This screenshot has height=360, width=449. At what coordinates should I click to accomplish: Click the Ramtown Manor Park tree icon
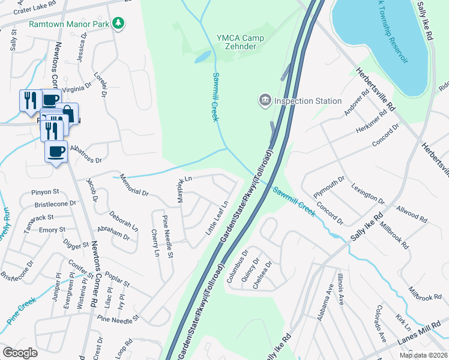click(119, 23)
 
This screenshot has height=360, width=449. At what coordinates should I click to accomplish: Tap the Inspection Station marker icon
click(264, 100)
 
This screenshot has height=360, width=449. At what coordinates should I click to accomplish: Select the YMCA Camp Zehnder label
click(241, 41)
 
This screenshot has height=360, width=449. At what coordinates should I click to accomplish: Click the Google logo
click(20, 353)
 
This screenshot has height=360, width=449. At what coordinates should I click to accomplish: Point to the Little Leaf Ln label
click(219, 218)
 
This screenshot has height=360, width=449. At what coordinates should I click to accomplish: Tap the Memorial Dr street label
click(133, 186)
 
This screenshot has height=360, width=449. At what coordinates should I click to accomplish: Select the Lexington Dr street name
click(368, 193)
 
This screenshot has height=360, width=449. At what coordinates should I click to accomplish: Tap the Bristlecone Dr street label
click(56, 204)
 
